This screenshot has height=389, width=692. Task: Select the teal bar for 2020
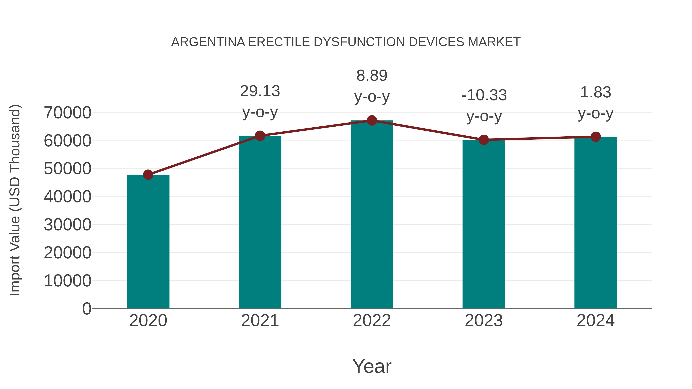[148, 242]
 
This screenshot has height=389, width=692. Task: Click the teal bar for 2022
[372, 215]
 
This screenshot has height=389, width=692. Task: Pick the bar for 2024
[596, 223]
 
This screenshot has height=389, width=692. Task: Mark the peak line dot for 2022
[372, 120]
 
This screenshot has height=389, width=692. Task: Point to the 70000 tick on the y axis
[67, 113]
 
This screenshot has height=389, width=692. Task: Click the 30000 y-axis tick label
[67, 225]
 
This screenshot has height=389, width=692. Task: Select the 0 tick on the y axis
[87, 309]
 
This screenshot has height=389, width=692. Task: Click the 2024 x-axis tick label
[596, 321]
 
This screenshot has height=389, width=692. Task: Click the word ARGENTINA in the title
[208, 42]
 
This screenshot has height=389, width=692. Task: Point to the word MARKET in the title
[494, 42]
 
